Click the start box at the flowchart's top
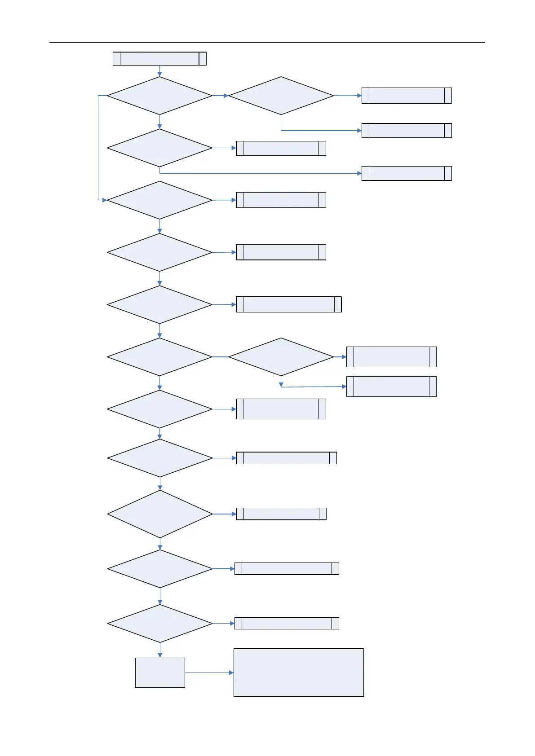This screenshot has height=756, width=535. click(x=159, y=59)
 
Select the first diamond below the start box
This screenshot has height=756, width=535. click(x=159, y=96)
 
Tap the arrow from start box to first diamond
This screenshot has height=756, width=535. click(x=159, y=71)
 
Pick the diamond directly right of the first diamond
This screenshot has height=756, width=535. click(x=281, y=96)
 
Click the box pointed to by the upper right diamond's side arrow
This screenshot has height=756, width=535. click(x=407, y=96)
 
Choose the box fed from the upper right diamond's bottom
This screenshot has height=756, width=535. click(x=407, y=131)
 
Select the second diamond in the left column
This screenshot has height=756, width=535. click(x=159, y=148)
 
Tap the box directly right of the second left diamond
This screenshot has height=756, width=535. click(x=281, y=148)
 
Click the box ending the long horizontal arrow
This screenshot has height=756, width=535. click(x=407, y=173)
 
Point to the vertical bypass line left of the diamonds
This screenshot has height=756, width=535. click(x=98, y=148)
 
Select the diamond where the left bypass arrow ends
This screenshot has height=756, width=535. click(x=159, y=200)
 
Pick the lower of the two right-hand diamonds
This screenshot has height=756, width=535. click(x=281, y=357)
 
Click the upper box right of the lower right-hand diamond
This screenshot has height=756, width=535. click(x=391, y=357)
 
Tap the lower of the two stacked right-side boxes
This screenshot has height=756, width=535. click(x=391, y=386)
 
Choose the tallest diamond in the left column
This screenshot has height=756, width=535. click(x=160, y=514)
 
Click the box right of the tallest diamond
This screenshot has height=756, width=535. click(x=281, y=514)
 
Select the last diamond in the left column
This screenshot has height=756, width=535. click(x=160, y=624)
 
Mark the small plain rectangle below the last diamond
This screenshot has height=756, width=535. click(x=160, y=672)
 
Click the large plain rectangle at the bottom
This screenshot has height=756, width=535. click(x=298, y=672)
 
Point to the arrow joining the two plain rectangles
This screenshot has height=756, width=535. click(x=209, y=672)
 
